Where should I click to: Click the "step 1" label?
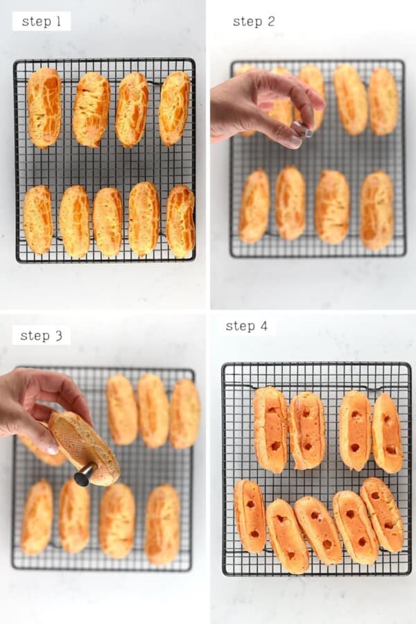tap(42, 21)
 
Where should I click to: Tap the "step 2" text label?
tap(254, 21)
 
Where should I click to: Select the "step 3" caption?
tap(41, 336)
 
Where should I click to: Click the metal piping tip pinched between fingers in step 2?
tap(302, 129)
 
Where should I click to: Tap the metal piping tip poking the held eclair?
tap(84, 475)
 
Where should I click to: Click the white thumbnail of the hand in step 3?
tap(51, 449)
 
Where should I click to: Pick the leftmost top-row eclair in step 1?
tap(44, 107)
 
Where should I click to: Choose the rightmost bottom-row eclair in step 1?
tap(181, 220)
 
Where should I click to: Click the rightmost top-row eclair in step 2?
tap(383, 101)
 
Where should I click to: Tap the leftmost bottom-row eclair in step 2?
tap(254, 207)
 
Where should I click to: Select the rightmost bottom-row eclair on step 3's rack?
tap(162, 524)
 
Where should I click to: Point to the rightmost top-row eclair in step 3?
tap(184, 413)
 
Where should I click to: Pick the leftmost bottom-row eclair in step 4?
tap(250, 517)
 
